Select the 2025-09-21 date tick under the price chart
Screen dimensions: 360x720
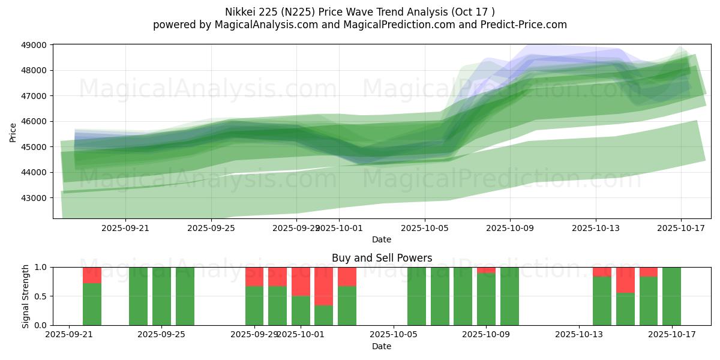coord(125,228)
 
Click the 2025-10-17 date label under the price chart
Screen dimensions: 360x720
coord(681,228)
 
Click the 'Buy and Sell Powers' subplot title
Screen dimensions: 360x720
coord(382,258)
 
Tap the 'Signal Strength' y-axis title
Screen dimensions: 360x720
coord(25,296)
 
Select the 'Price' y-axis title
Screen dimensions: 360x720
coord(13,132)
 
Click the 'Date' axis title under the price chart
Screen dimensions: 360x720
coord(382,239)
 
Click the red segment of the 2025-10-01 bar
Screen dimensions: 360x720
coord(301,281)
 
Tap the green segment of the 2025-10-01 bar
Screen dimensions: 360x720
coord(301,311)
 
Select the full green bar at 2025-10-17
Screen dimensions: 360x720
coord(671,296)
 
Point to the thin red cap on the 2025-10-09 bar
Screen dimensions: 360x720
coord(486,270)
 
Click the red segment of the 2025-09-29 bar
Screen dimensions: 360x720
coord(254,277)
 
